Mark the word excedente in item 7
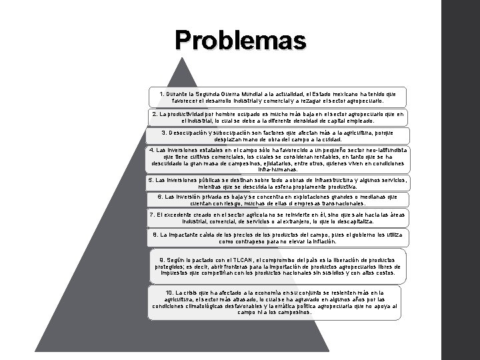(x=181, y=215)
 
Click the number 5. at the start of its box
(x=151, y=180)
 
